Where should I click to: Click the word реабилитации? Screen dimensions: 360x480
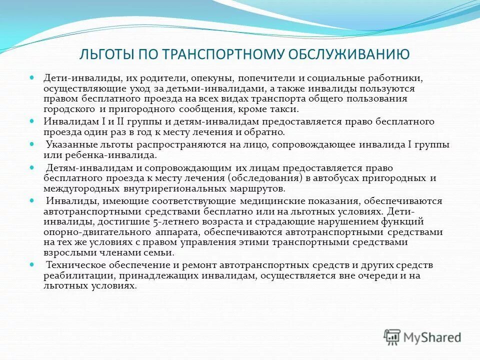click(x=73, y=275)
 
